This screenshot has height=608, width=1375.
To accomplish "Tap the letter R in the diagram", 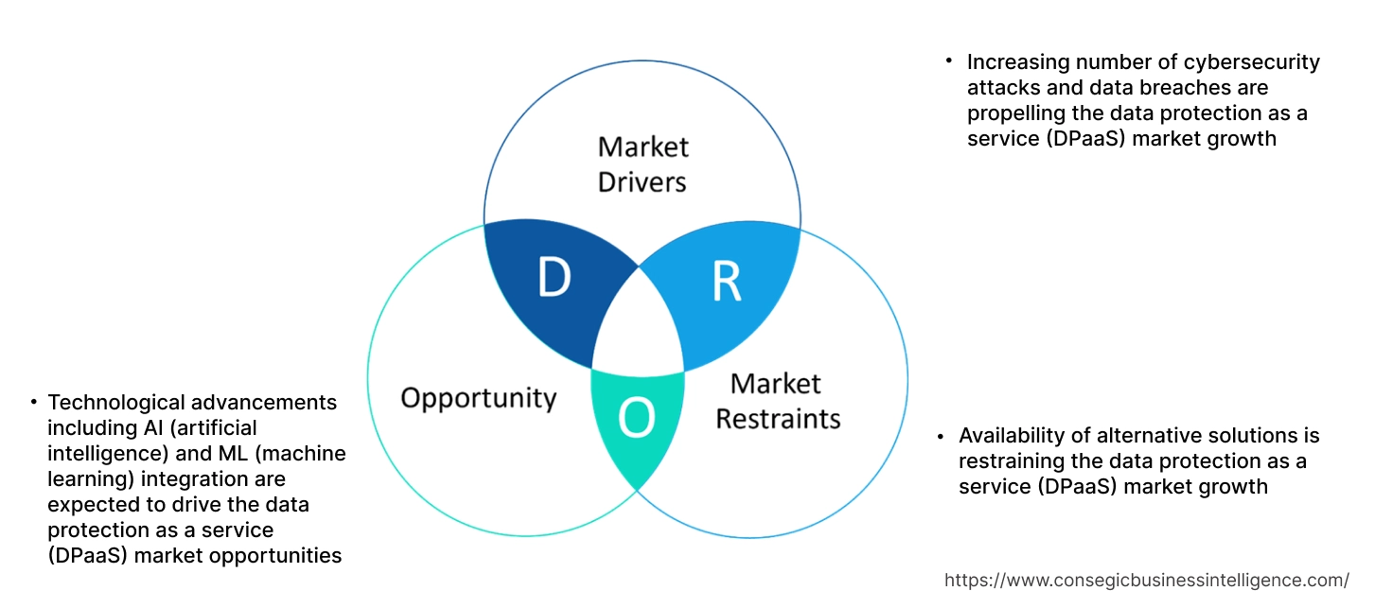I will click(x=726, y=280).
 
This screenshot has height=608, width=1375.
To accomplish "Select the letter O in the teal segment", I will click(x=637, y=419).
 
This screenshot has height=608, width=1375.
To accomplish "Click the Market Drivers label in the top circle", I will click(x=643, y=164).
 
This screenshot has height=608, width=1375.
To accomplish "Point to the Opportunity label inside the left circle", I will click(x=478, y=397).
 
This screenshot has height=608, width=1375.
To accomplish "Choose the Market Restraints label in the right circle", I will click(x=777, y=400).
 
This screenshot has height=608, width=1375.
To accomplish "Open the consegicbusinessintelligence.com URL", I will click(x=1147, y=581).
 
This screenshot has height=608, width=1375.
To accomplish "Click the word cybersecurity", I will click(x=1251, y=62).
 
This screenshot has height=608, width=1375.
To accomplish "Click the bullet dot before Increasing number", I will click(x=949, y=61).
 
